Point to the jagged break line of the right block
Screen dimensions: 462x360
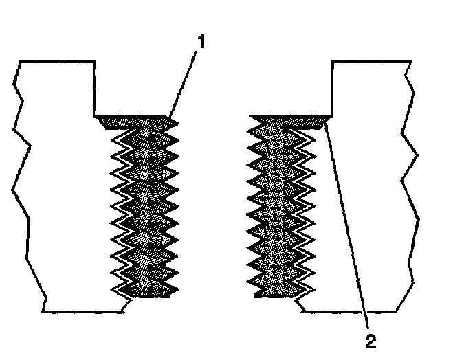tap(410, 185)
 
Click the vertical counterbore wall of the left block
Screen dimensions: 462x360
tap(94, 88)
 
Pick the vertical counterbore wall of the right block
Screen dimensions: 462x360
tap(333, 88)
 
